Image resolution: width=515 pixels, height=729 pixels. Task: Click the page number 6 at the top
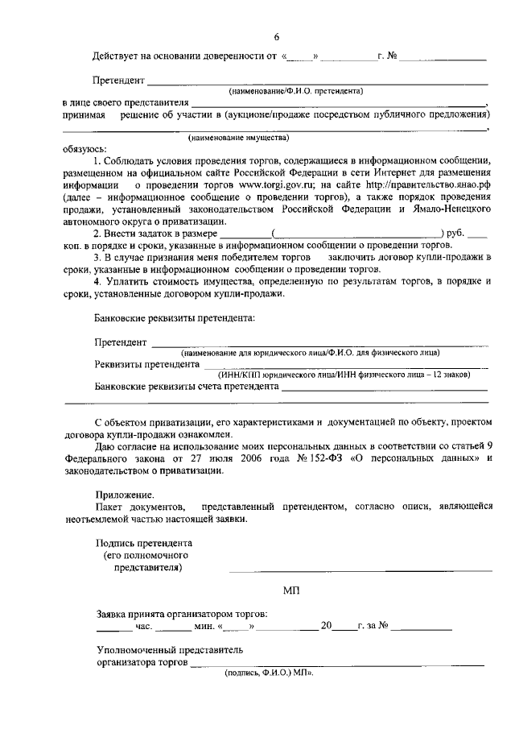pos(276,37)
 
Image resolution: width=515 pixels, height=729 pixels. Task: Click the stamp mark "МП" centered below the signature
pos(291,590)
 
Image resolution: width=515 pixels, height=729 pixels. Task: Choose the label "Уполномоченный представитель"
pos(169,648)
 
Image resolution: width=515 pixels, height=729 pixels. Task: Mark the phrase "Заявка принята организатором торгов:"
pos(182,613)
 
